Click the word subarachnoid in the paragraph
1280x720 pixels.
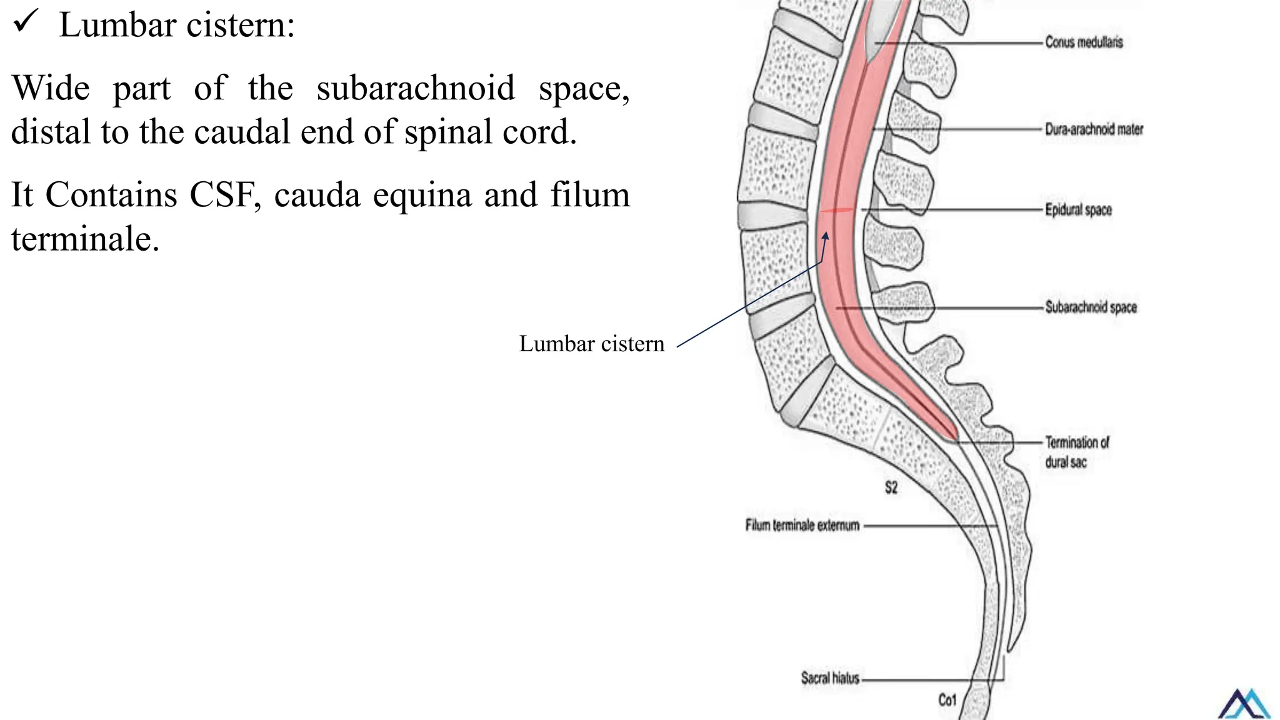pyautogui.click(x=416, y=87)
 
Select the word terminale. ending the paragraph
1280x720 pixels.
pyautogui.click(x=85, y=239)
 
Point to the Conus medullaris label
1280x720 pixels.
pyautogui.click(x=1084, y=42)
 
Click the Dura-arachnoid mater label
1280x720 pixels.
pyautogui.click(x=1094, y=129)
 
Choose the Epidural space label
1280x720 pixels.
pyautogui.click(x=1078, y=210)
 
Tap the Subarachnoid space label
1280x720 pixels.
pyautogui.click(x=1091, y=307)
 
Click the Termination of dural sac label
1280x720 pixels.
pyautogui.click(x=1076, y=452)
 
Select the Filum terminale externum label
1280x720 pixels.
pyautogui.click(x=802, y=526)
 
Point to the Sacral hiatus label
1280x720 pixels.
pyautogui.click(x=830, y=678)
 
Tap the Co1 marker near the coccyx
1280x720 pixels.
pyautogui.click(x=947, y=700)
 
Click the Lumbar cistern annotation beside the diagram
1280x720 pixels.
pyautogui.click(x=591, y=344)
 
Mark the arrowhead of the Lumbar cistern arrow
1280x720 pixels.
pyautogui.click(x=826, y=236)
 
